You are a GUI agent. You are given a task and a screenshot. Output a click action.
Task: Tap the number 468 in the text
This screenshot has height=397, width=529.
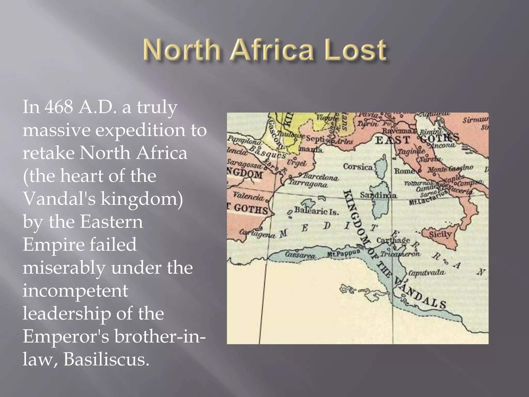pos(59,107)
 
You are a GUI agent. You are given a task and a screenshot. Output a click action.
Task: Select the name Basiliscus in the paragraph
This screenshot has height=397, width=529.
pos(106,359)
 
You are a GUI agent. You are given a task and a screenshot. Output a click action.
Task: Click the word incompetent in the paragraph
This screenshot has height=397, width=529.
pos(75,290)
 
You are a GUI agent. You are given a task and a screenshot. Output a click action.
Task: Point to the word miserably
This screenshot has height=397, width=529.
pos(64,268)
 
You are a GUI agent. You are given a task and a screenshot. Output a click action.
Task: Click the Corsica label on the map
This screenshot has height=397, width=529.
pos(358,167)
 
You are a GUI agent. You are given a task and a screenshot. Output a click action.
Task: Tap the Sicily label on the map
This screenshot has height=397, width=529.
pos(440,234)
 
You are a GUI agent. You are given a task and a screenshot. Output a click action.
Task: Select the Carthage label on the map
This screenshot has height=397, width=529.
pos(393,240)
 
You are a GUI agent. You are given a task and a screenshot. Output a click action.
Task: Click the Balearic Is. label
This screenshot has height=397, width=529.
pos(316,211)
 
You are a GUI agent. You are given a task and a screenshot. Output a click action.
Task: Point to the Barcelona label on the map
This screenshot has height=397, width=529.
pos(321,177)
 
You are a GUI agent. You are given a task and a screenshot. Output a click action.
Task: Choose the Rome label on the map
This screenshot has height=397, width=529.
pos(404,171)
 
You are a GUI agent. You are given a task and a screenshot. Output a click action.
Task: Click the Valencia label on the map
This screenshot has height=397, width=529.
pos(248,196)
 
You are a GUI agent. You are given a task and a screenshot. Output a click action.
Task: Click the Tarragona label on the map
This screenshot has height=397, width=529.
pos(308,184)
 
